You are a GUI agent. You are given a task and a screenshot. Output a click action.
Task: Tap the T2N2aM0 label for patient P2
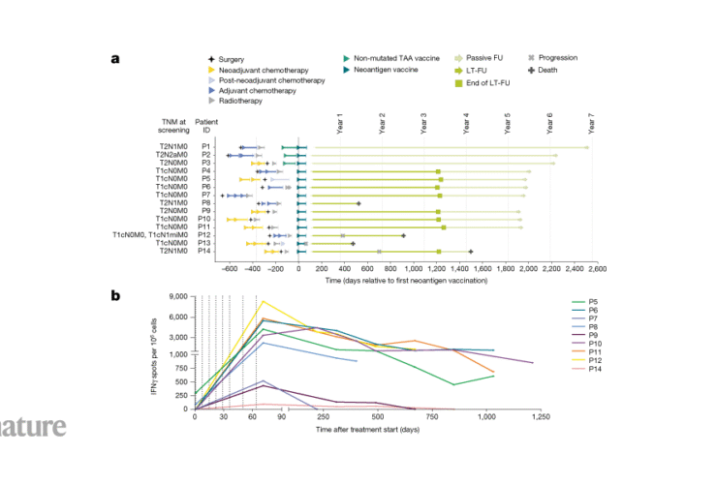172,155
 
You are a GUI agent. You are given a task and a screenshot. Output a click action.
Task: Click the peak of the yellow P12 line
262,301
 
